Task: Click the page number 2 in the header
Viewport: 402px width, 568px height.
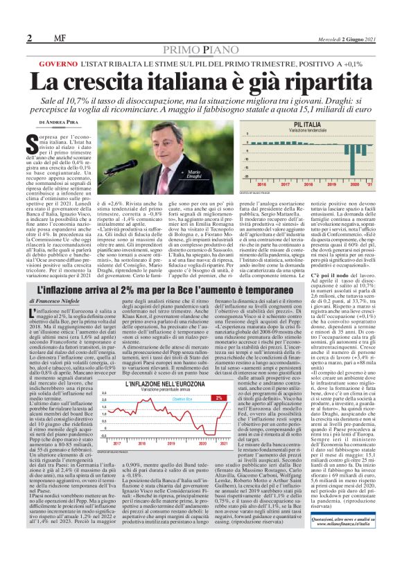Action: (x=29, y=37)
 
